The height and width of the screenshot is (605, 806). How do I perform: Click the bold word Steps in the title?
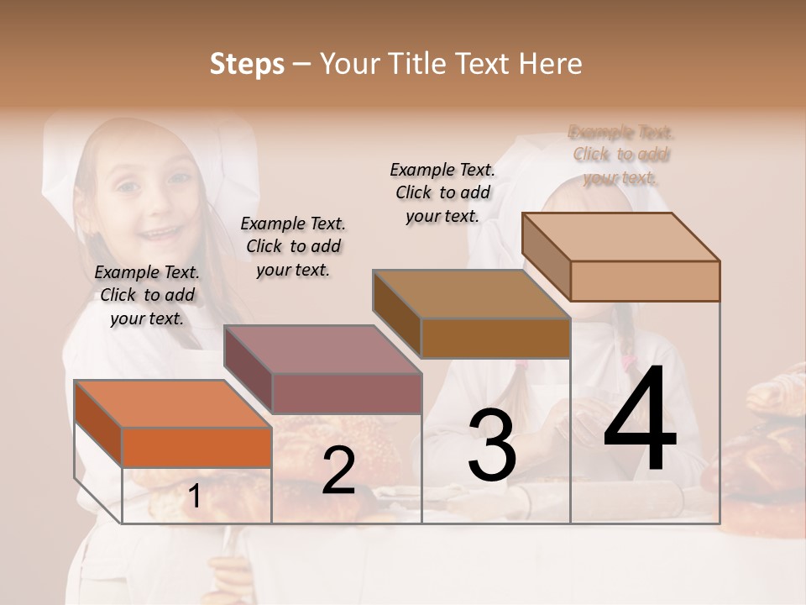[247, 64]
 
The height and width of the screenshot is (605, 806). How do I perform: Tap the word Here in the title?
[551, 64]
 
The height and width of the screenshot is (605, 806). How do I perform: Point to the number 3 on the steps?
[492, 445]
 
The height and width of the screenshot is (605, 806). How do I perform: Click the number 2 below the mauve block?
[338, 471]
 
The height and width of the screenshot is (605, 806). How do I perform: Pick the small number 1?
[194, 497]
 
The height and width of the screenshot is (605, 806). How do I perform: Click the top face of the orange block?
[172, 404]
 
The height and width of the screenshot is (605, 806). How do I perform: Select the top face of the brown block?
[471, 294]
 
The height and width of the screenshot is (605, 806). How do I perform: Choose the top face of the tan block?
[620, 237]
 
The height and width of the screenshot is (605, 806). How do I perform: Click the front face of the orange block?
[196, 447]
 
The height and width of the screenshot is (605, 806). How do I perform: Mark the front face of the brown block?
[495, 339]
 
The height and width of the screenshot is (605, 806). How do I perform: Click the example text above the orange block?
[147, 295]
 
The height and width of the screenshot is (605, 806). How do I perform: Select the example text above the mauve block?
[293, 246]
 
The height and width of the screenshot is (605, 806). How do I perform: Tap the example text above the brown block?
[442, 192]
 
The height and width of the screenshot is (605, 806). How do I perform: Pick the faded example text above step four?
[621, 155]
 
